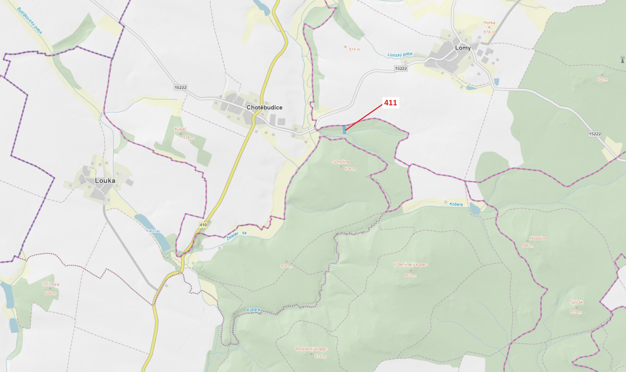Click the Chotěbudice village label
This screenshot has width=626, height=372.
pyautogui.click(x=264, y=107)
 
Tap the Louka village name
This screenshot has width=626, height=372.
pyautogui.click(x=105, y=181)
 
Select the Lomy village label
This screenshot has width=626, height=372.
pyautogui.click(x=463, y=48)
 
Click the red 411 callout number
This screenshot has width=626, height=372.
pyautogui.click(x=390, y=103)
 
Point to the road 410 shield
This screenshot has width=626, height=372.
pyautogui.click(x=203, y=225)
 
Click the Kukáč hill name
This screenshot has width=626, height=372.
pyautogui.click(x=181, y=129)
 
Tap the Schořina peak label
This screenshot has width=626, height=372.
pyautogui.click(x=341, y=162)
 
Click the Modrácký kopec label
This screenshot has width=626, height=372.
pyautogui.click(x=311, y=349)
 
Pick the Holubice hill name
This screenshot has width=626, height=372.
pyautogui.click(x=538, y=238)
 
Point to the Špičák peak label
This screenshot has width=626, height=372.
pyautogui.click(x=576, y=302)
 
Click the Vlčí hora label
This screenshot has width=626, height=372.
pyautogui.click(x=50, y=284)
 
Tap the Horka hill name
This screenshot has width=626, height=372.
pyautogui.click(x=489, y=23)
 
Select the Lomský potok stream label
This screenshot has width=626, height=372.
pyautogui.click(x=400, y=54)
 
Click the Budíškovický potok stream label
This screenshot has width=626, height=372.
pyautogui.click(x=30, y=21)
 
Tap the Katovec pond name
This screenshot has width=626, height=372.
pyautogui.click(x=153, y=231)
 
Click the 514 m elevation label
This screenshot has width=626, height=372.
pyautogui.click(x=354, y=49)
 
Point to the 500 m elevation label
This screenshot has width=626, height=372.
pyautogui.click(x=286, y=266)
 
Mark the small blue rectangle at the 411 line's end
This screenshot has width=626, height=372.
pyautogui.click(x=344, y=130)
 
